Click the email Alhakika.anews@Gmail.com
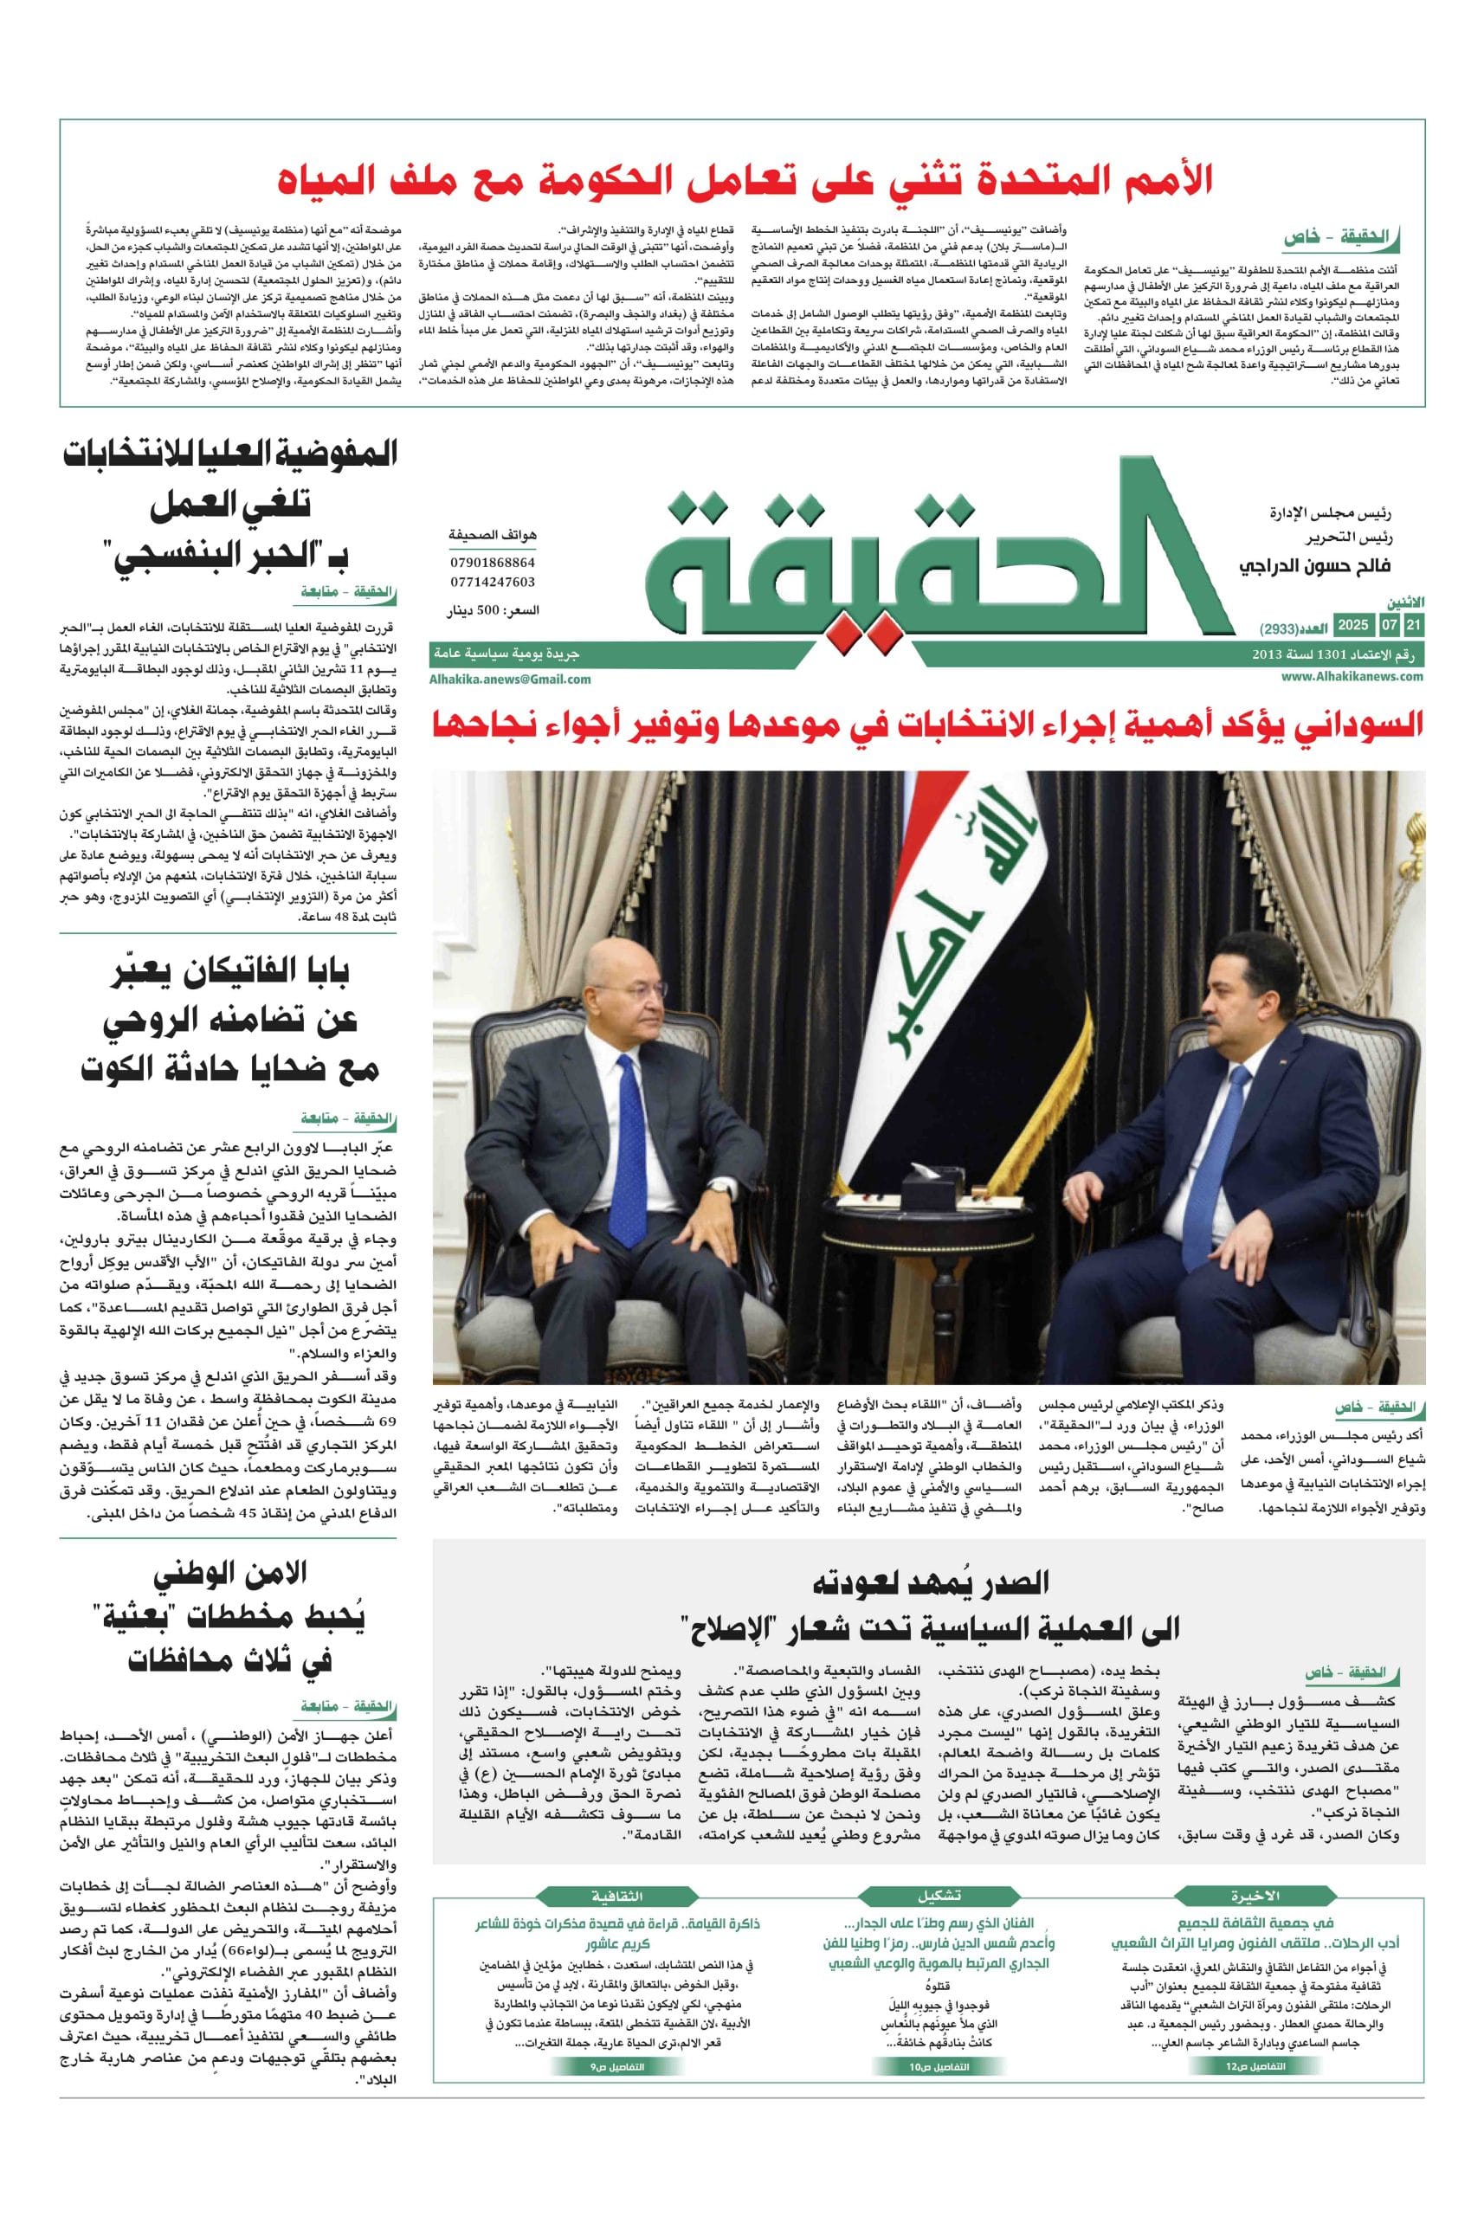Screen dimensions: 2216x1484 [x=510, y=679]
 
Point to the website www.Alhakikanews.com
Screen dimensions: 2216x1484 [x=1352, y=675]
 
